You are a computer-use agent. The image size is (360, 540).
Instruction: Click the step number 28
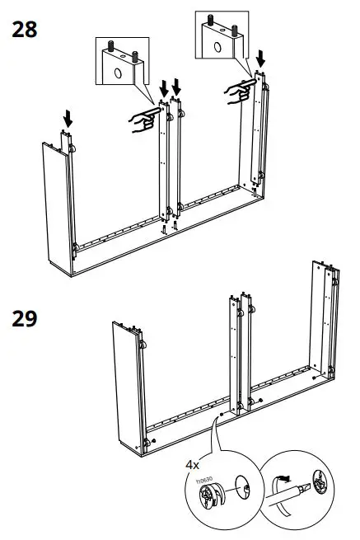25,31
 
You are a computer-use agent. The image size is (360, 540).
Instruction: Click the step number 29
25,317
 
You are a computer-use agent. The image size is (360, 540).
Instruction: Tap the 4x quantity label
193,464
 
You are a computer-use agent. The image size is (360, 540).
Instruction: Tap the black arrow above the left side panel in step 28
68,120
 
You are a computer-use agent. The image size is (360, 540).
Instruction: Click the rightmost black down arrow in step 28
262,59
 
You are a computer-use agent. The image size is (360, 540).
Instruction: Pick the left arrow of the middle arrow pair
163,87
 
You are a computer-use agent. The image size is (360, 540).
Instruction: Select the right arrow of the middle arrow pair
176,87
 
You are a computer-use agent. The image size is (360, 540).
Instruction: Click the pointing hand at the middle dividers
142,121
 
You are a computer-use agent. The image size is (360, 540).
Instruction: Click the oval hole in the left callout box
116,73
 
